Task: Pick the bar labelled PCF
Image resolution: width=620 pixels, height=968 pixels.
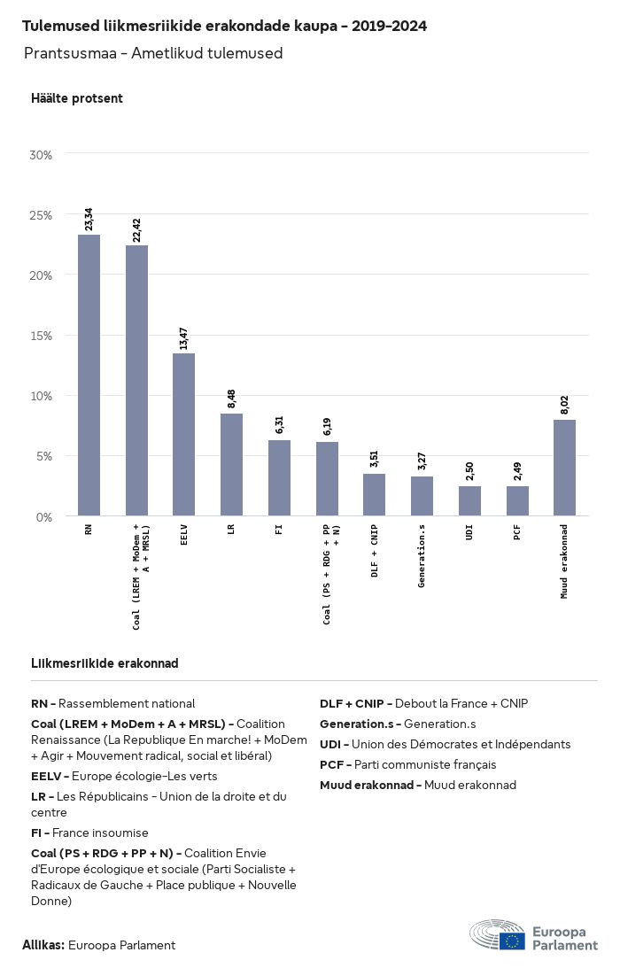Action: click(517, 500)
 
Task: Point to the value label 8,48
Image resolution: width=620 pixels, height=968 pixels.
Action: click(231, 399)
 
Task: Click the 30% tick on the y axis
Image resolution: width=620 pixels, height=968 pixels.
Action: click(42, 155)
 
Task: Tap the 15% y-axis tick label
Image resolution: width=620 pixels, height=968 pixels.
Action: click(42, 336)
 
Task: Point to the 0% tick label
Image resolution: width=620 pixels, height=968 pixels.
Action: click(44, 516)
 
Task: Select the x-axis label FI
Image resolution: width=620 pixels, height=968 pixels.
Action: click(279, 530)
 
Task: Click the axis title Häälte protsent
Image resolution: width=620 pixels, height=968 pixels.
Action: click(77, 98)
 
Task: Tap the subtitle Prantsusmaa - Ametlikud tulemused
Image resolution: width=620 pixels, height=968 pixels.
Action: click(153, 53)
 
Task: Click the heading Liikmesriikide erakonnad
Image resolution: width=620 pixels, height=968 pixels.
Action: click(105, 663)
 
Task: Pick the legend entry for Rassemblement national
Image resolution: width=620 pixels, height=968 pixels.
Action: click(113, 703)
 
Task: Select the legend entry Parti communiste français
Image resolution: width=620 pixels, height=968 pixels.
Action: click(408, 764)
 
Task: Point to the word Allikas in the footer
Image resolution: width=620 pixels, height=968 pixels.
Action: click(43, 945)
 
